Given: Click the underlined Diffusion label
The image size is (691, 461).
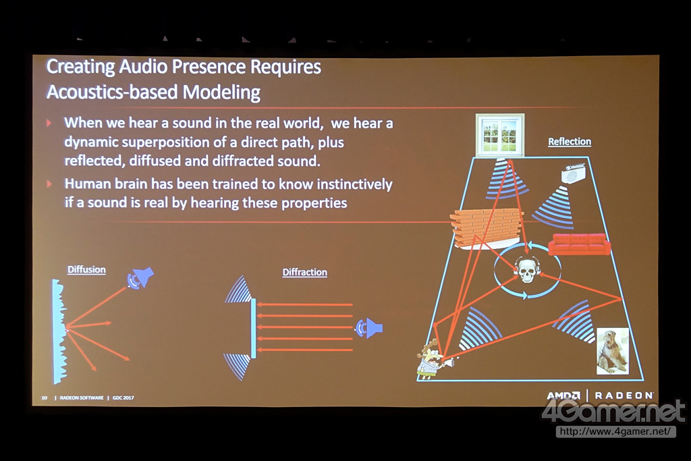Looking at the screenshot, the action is pos(86,269).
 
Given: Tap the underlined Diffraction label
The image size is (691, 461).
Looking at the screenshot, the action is pos(304,272).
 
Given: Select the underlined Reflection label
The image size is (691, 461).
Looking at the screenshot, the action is pos(570,142).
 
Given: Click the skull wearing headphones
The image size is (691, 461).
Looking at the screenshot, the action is pos(527,270).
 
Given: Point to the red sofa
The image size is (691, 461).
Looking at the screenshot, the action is pos(579,244).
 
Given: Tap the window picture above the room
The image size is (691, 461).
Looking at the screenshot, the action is pos(500,135).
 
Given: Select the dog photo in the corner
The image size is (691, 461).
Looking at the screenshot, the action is pos(613,351).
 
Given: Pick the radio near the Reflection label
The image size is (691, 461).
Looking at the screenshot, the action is pos(573,174).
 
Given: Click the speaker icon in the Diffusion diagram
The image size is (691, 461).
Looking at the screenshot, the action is pos(140,277).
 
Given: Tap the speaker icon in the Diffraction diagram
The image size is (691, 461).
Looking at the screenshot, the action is pos(369,328).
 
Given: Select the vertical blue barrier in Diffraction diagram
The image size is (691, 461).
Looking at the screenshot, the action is pos(254,328).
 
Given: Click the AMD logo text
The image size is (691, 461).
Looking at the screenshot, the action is pos(563,396).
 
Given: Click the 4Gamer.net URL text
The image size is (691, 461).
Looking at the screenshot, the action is pos(615,431).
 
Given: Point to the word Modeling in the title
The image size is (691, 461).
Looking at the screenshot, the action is pos(221,92).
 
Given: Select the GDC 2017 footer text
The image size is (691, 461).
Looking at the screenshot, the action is pos(123,398).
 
